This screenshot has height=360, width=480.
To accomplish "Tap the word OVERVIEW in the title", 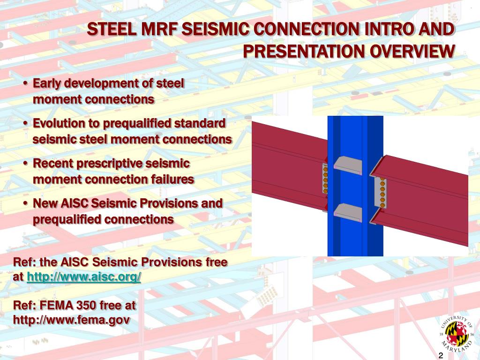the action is (x=412, y=51).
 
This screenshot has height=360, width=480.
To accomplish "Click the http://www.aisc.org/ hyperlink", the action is (x=84, y=277).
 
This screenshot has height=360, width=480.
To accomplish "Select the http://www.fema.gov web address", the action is (x=72, y=320).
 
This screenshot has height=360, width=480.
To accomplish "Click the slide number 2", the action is (x=441, y=355).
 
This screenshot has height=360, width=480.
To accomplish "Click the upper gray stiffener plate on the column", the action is (x=347, y=165).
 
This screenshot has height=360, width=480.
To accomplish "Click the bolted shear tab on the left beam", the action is (x=325, y=178).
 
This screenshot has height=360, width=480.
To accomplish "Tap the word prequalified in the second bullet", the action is (x=139, y=124).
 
